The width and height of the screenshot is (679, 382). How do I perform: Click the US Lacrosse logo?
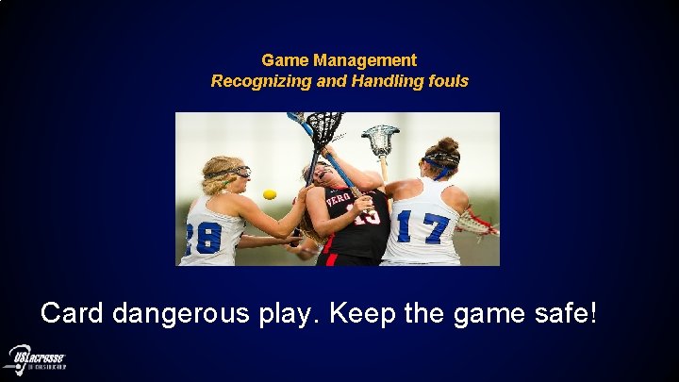(x=35, y=359)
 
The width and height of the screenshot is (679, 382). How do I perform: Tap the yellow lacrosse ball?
(x=270, y=194)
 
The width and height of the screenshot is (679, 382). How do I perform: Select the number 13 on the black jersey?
(x=367, y=215)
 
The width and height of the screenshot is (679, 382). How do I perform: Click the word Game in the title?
(x=284, y=60)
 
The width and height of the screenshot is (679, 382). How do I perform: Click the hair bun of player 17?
(x=448, y=144)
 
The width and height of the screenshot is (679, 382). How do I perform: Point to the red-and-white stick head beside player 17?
(x=476, y=223)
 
